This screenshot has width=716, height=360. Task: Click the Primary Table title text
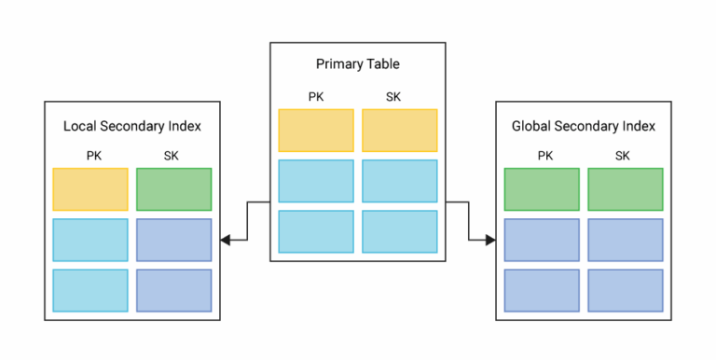coord(358,64)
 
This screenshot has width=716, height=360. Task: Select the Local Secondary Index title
coord(132,125)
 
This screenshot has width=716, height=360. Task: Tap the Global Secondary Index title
coord(583,125)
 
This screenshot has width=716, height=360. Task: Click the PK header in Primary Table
coord(316,95)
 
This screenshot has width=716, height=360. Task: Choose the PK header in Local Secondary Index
coord(90,155)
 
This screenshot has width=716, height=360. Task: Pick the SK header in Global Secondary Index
coord(624,155)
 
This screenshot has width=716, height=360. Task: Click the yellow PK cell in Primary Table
coord(316,131)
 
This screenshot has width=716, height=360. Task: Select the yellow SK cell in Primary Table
coord(400,131)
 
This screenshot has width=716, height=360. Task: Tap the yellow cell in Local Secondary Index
coord(90,188)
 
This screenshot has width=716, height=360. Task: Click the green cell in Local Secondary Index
coord(174,188)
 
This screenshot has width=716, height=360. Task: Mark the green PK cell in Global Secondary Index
coord(541,188)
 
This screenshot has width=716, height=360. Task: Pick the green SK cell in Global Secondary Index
coord(625,188)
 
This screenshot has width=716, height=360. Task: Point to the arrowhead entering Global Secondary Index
coord(490,240)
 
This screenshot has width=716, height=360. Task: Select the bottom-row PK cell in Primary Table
coord(316,231)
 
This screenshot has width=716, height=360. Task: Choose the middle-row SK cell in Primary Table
coord(400,181)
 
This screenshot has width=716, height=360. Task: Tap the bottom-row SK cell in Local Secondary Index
coord(174,290)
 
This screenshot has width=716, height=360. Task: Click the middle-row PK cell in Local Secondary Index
coord(90,240)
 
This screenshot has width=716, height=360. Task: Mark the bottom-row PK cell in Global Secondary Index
coord(541,290)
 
